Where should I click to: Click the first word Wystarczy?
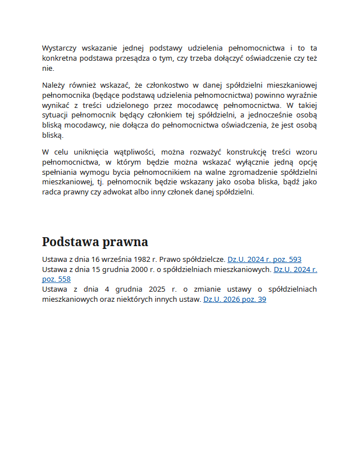pyautogui.click(x=59, y=48)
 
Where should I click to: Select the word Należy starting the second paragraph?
pyautogui.click(x=53, y=85)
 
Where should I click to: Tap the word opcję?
pyautogui.click(x=304, y=162)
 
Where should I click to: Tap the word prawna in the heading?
pyautogui.click(x=126, y=242)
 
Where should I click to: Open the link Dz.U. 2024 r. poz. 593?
pyautogui.click(x=264, y=260)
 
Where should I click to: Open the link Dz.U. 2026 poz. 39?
pyautogui.click(x=234, y=300)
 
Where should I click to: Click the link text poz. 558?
pyautogui.click(x=56, y=279)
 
